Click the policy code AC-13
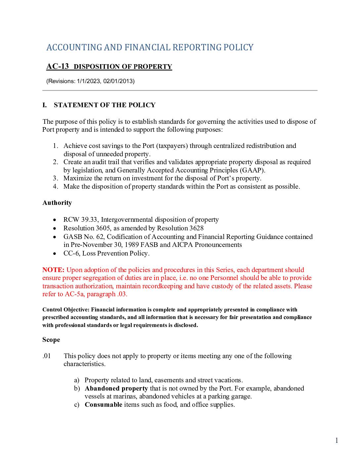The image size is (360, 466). [58, 67]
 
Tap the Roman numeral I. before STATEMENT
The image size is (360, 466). [45, 105]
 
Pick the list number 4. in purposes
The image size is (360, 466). [56, 187]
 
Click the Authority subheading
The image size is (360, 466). [57, 203]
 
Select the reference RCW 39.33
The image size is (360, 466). [81, 220]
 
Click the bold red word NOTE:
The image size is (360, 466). [53, 270]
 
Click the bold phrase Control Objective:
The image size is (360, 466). [66, 310]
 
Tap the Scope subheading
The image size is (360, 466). [51, 340]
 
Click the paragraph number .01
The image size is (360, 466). [47, 356]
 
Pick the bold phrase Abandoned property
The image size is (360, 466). [116, 389]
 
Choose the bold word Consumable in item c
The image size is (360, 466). [103, 405]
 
